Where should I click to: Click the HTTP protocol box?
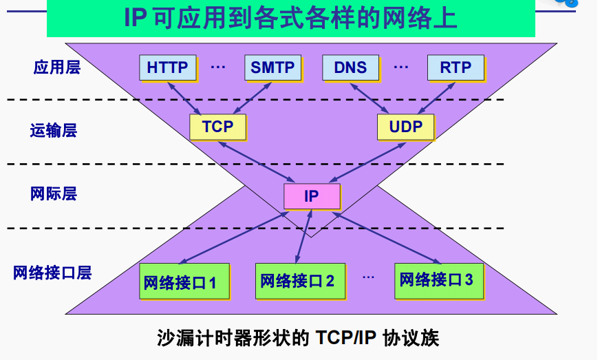pos(167,67)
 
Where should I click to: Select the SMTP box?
pos(272,67)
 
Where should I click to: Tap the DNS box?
pos(350,67)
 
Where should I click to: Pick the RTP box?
pos(455,67)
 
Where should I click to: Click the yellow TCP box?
pos(217,127)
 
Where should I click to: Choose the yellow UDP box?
pos(405,127)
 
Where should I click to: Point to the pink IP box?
pos(312,196)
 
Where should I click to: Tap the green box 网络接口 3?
pos(436,279)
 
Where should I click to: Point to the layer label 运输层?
pos(53,130)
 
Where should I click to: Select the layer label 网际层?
pos(53,193)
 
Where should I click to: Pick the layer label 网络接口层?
pos(52,272)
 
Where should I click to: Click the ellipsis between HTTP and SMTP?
pos(218,67)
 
